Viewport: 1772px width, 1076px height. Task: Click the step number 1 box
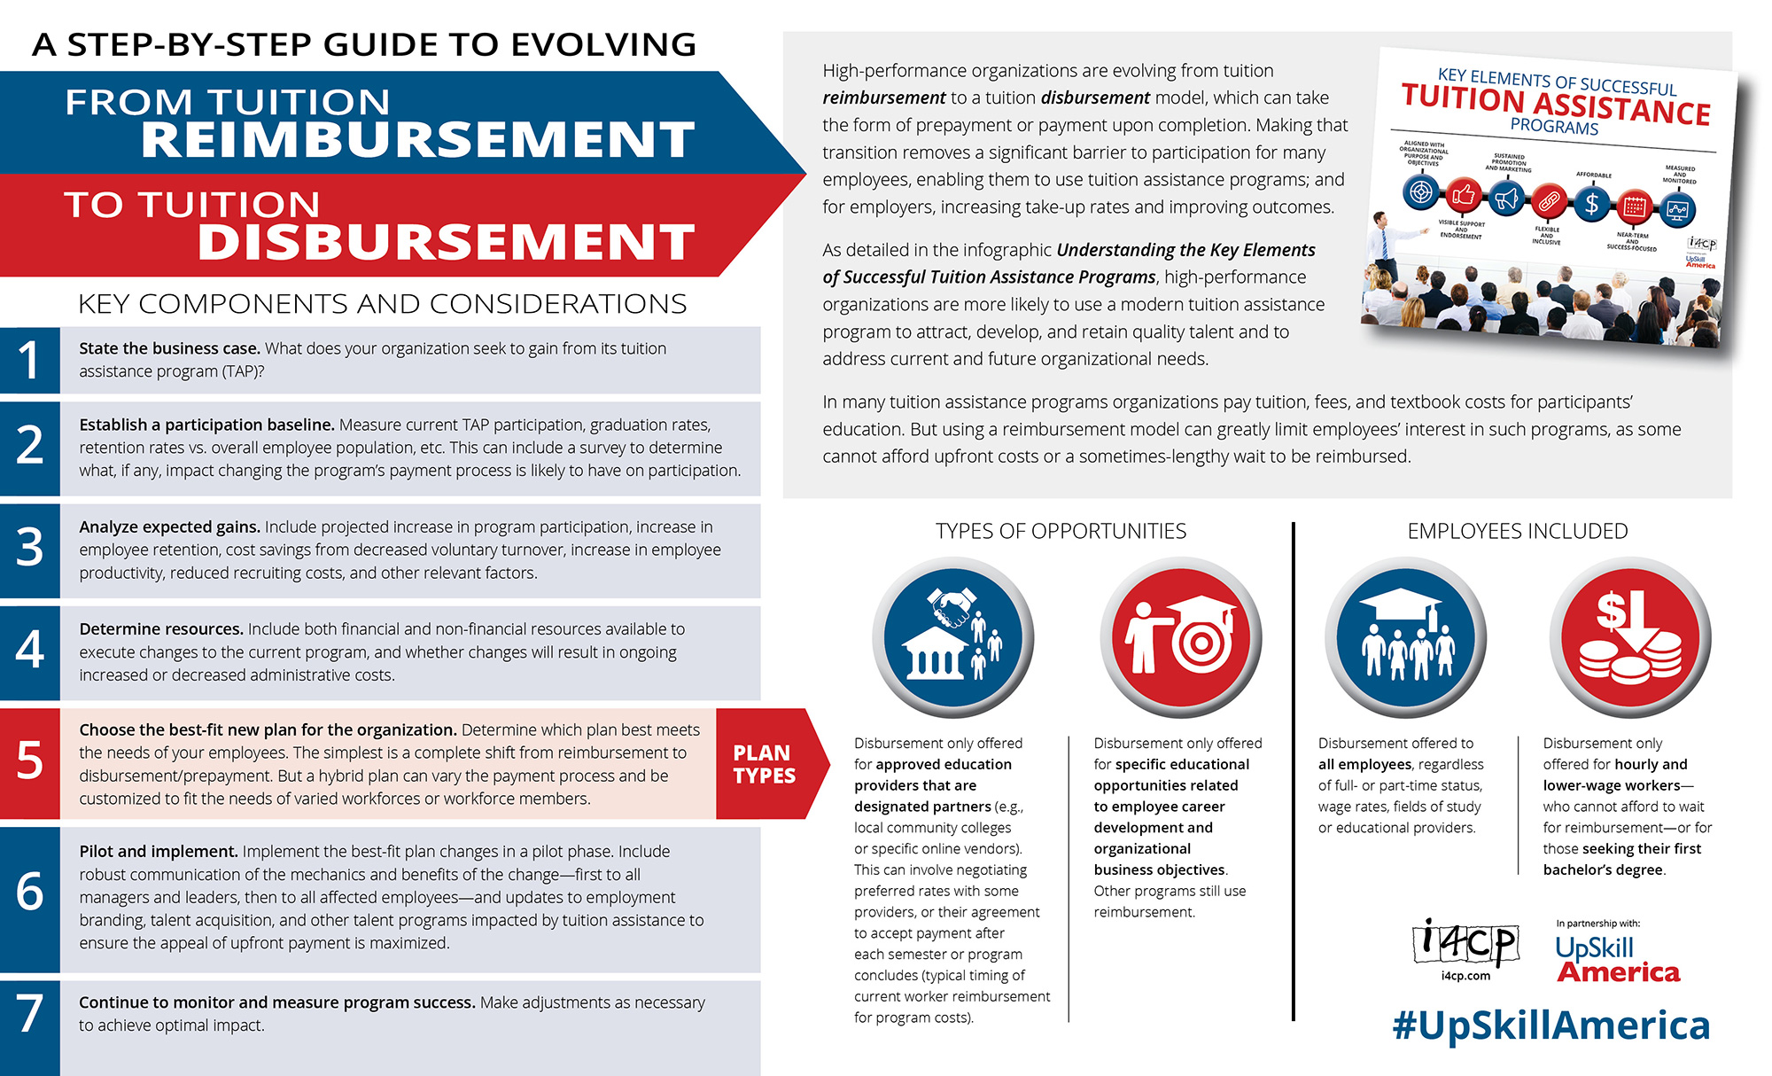tap(29, 360)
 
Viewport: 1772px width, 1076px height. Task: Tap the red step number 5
tap(29, 762)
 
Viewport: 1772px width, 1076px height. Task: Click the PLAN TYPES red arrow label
tap(766, 764)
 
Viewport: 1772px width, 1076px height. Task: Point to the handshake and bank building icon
tap(952, 636)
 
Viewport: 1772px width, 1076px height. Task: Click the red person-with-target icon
tap(1180, 636)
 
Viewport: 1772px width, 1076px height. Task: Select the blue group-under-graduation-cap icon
tap(1406, 636)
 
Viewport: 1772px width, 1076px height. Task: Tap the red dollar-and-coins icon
tap(1630, 636)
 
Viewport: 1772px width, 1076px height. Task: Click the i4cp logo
tap(1465, 943)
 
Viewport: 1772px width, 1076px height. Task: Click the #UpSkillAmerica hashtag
tap(1550, 1025)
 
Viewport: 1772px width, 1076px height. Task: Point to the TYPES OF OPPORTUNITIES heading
tap(1061, 531)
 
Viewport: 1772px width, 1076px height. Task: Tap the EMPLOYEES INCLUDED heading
tap(1517, 531)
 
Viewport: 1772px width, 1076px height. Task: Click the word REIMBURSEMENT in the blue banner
tap(417, 139)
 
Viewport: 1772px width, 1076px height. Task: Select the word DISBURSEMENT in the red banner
tap(446, 242)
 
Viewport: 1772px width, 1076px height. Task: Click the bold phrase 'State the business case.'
tap(169, 348)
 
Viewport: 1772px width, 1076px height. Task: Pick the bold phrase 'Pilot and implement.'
tap(159, 851)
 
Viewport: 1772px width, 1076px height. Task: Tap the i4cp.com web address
tap(1465, 976)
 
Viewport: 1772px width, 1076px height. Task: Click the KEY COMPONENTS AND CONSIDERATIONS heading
tap(382, 304)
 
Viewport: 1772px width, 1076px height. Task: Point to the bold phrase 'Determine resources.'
tap(161, 628)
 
